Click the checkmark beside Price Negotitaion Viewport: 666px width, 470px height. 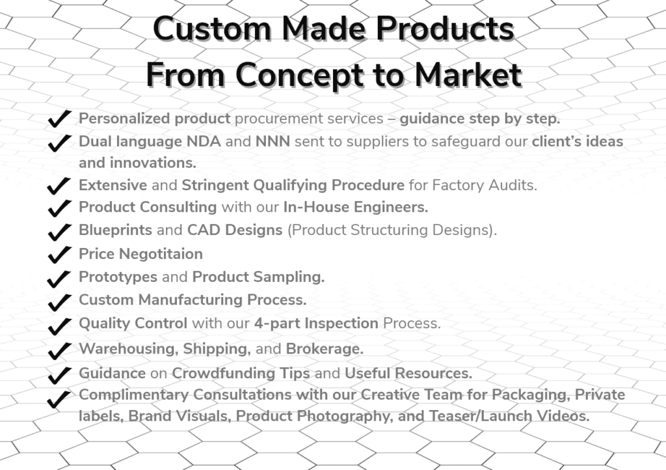tap(59, 254)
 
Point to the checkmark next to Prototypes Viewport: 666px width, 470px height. tap(59, 277)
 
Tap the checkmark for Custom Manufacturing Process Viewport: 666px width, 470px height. tap(59, 301)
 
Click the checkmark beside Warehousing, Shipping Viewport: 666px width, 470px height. tap(59, 350)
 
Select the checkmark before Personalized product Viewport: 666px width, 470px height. tap(59, 120)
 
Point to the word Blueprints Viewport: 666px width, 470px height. tap(116, 230)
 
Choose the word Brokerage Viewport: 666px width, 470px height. tap(325, 349)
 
